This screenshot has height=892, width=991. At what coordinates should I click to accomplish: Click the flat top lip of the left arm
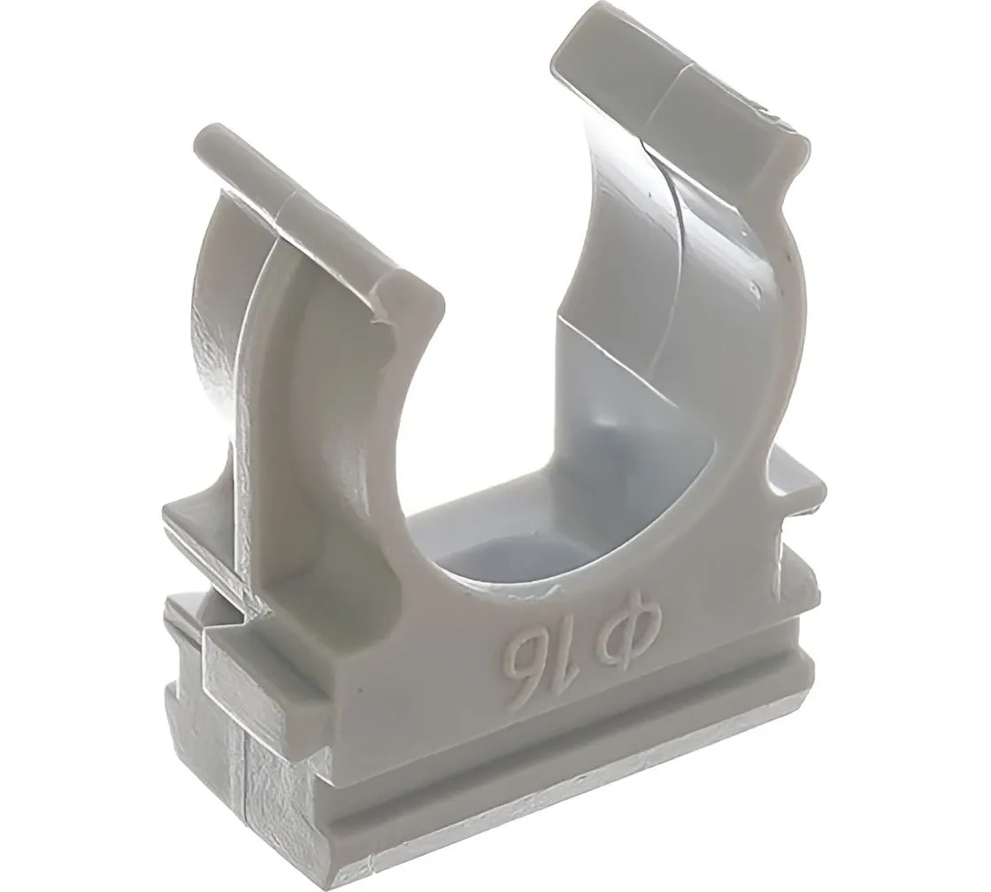pyautogui.click(x=315, y=209)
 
